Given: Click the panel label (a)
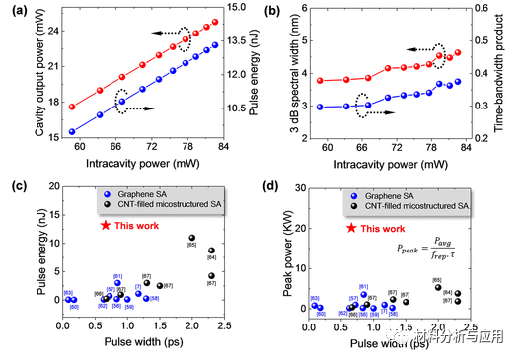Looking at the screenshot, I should (14, 11).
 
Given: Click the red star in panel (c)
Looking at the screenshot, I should (105, 226).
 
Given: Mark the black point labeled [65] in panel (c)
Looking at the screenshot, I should (192, 238).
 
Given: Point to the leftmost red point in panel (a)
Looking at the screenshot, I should (72, 106).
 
